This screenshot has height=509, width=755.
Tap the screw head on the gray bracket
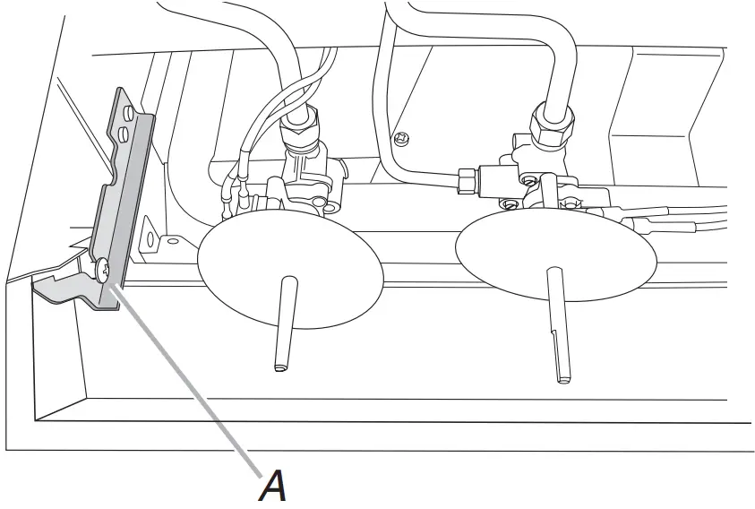click(x=104, y=267)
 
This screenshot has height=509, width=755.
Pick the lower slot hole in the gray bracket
click(x=125, y=134)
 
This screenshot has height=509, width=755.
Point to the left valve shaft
click(x=283, y=322)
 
